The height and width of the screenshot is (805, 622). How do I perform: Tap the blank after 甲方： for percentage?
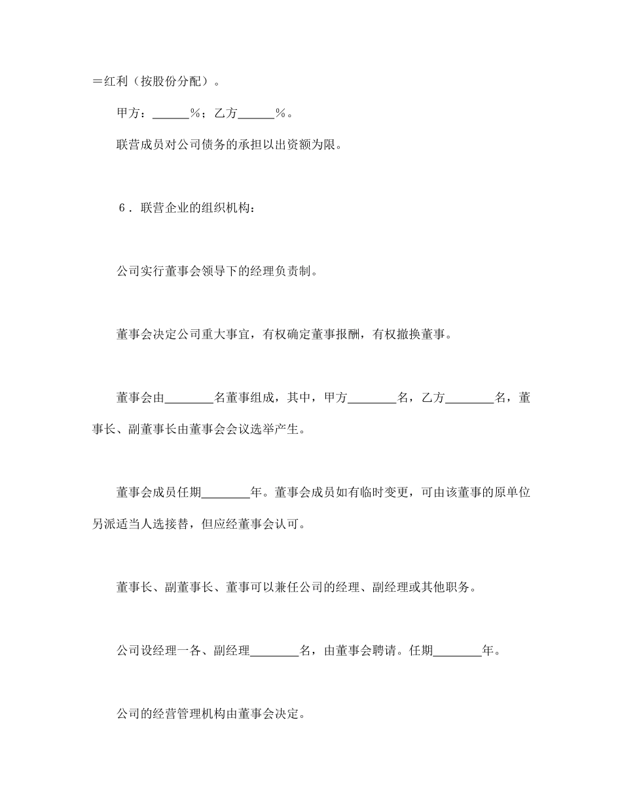(170, 113)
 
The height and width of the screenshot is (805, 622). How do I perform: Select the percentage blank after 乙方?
(255, 113)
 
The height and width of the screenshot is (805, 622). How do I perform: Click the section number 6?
(122, 209)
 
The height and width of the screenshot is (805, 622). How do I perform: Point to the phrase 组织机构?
(234, 209)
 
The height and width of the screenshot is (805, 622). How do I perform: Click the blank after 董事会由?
(189, 397)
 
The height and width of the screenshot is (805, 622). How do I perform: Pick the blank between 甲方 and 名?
(371, 397)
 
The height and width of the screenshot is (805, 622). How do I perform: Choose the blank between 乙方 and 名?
(469, 397)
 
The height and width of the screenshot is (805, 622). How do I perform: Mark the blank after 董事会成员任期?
(226, 492)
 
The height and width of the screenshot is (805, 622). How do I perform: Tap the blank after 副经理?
(274, 651)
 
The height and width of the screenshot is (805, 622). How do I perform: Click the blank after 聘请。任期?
(457, 651)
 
